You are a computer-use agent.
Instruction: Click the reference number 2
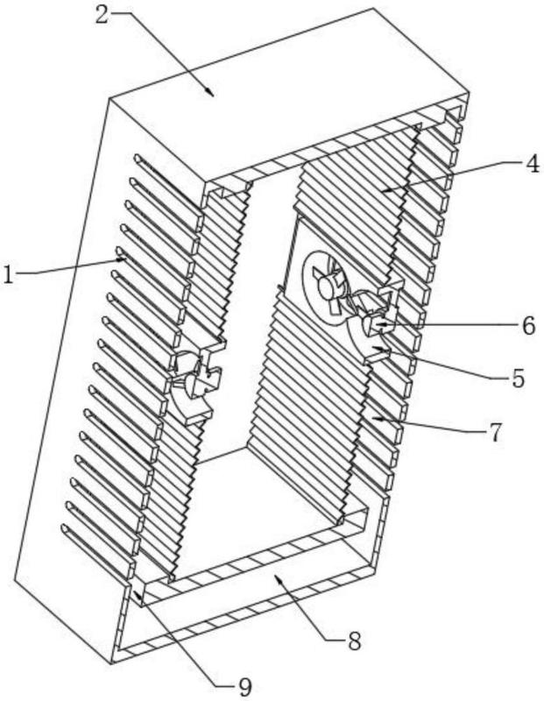[x=102, y=15]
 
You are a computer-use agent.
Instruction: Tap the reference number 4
[x=532, y=164]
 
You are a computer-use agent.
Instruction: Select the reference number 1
[x=8, y=274]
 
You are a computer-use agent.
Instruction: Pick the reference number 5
[x=517, y=379]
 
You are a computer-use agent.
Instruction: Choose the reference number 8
[x=354, y=641]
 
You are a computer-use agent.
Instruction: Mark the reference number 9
[x=244, y=687]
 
